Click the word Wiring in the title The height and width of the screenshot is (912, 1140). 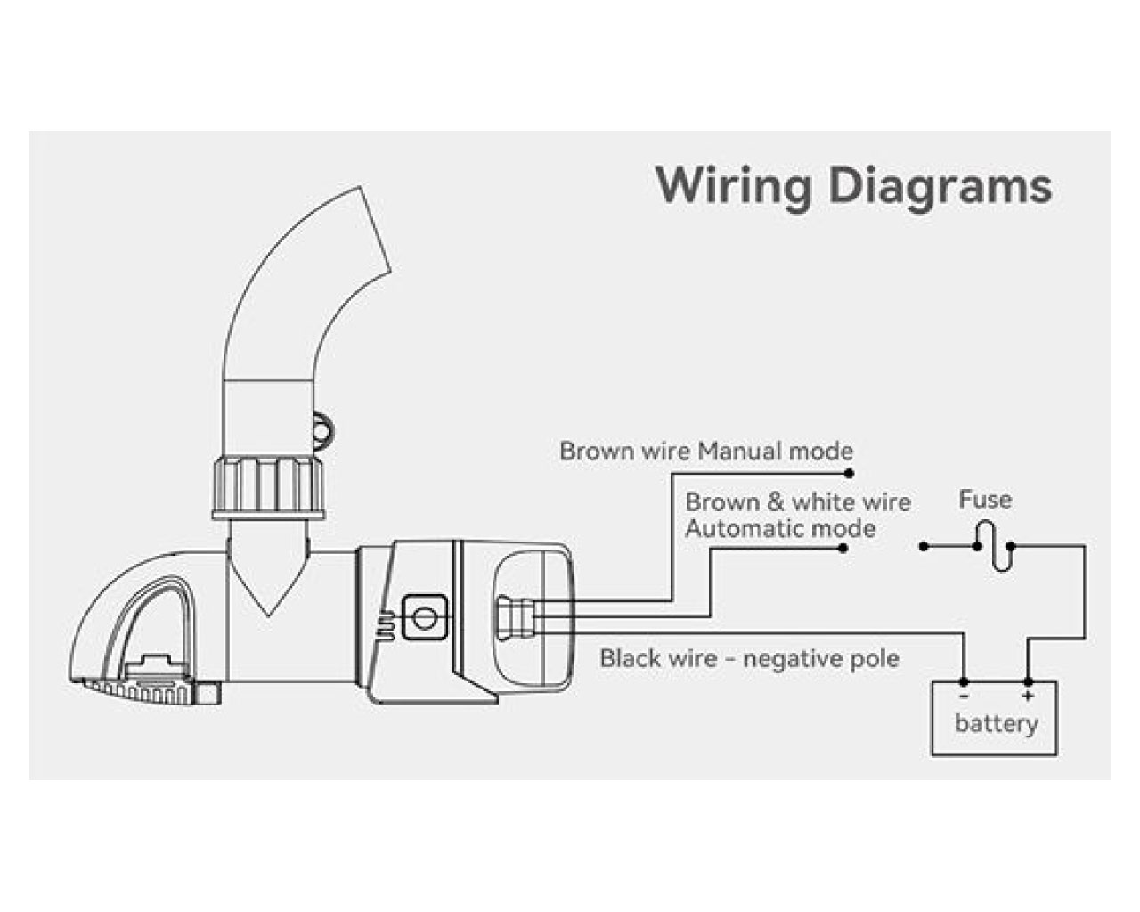(734, 186)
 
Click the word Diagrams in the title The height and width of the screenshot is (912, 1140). (940, 188)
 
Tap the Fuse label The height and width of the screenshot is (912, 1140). (985, 500)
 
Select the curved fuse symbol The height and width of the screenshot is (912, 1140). (994, 546)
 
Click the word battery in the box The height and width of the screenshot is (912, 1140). (996, 723)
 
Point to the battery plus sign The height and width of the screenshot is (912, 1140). (1028, 696)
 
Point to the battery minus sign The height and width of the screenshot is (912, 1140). (964, 696)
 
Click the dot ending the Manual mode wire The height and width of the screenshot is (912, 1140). (850, 474)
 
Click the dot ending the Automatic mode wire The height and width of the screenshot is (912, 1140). (843, 548)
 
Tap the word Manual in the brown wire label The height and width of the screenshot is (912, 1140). (738, 451)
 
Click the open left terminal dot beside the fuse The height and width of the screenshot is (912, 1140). (924, 546)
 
